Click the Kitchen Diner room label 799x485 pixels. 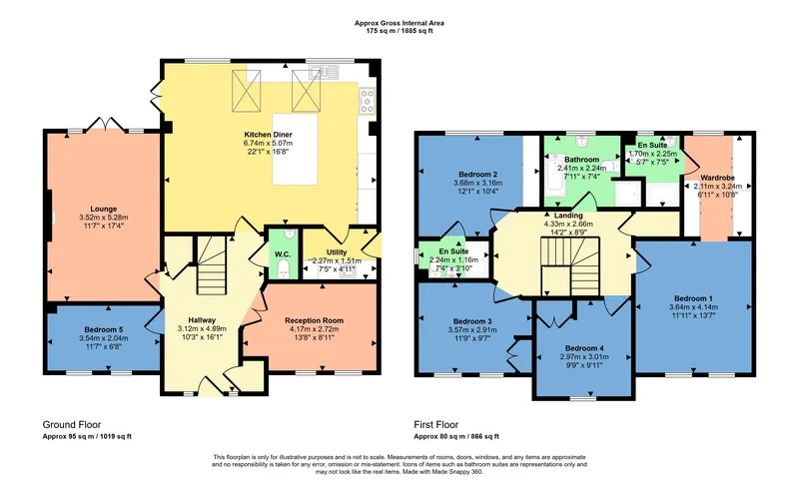268,135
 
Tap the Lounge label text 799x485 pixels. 104,209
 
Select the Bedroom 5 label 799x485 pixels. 104,329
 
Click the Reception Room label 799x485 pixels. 314,320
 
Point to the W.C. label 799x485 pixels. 283,253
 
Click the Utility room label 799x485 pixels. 337,252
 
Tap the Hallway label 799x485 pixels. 202,320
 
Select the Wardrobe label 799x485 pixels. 717,178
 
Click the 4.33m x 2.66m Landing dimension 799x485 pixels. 568,224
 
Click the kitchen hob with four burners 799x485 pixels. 367,101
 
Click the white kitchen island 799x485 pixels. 295,149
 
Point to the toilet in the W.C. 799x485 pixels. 284,269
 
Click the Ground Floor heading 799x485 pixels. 72,425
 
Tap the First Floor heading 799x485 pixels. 436,425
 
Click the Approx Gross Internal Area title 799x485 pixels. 399,23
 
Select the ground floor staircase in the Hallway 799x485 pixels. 212,264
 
